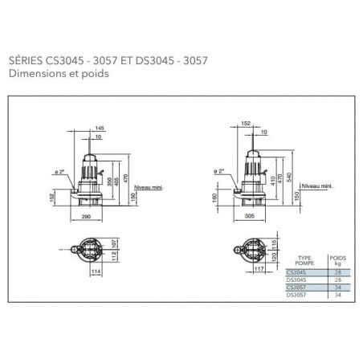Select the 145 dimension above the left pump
pyautogui.click(x=99, y=128)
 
